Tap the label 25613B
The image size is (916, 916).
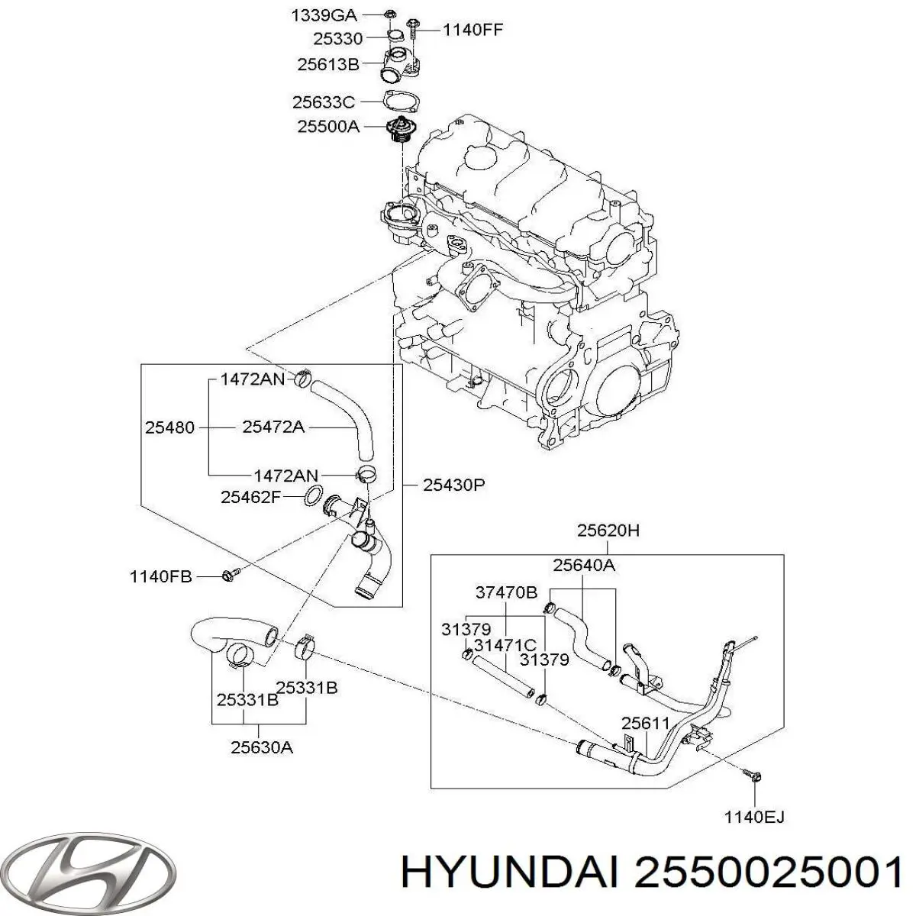click(x=327, y=65)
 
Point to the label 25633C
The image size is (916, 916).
click(x=324, y=102)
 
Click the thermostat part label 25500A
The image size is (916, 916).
click(x=327, y=127)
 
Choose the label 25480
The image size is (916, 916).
click(x=169, y=427)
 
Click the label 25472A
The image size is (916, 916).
click(x=273, y=427)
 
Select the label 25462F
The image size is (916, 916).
click(x=251, y=497)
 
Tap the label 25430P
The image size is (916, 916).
click(x=454, y=485)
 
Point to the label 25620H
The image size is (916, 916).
click(x=608, y=531)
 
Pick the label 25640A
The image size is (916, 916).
click(x=584, y=565)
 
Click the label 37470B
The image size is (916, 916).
click(x=506, y=592)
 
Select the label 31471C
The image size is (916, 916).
click(x=505, y=645)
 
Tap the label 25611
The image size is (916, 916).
click(x=645, y=722)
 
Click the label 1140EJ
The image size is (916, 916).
click(x=754, y=818)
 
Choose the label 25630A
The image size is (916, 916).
click(x=262, y=748)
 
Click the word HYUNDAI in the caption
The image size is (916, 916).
click(x=508, y=872)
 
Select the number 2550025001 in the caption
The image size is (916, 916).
click(x=766, y=872)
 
